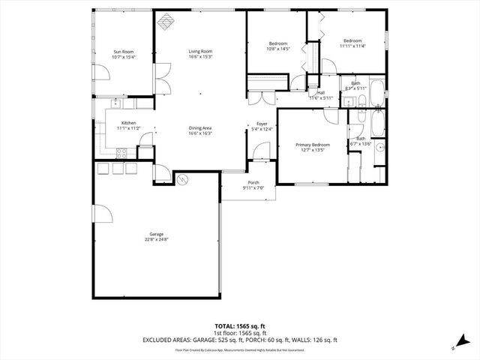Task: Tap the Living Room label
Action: click(200, 52)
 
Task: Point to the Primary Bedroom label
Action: click(313, 145)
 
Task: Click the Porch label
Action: click(253, 182)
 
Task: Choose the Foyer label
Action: click(262, 124)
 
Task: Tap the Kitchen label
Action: click(129, 123)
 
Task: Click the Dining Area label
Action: click(200, 128)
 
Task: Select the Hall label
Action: click(321, 93)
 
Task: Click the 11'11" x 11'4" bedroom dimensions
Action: click(352, 46)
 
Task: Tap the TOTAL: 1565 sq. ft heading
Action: click(240, 326)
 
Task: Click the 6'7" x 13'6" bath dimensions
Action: click(361, 144)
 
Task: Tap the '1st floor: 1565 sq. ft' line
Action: click(240, 333)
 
